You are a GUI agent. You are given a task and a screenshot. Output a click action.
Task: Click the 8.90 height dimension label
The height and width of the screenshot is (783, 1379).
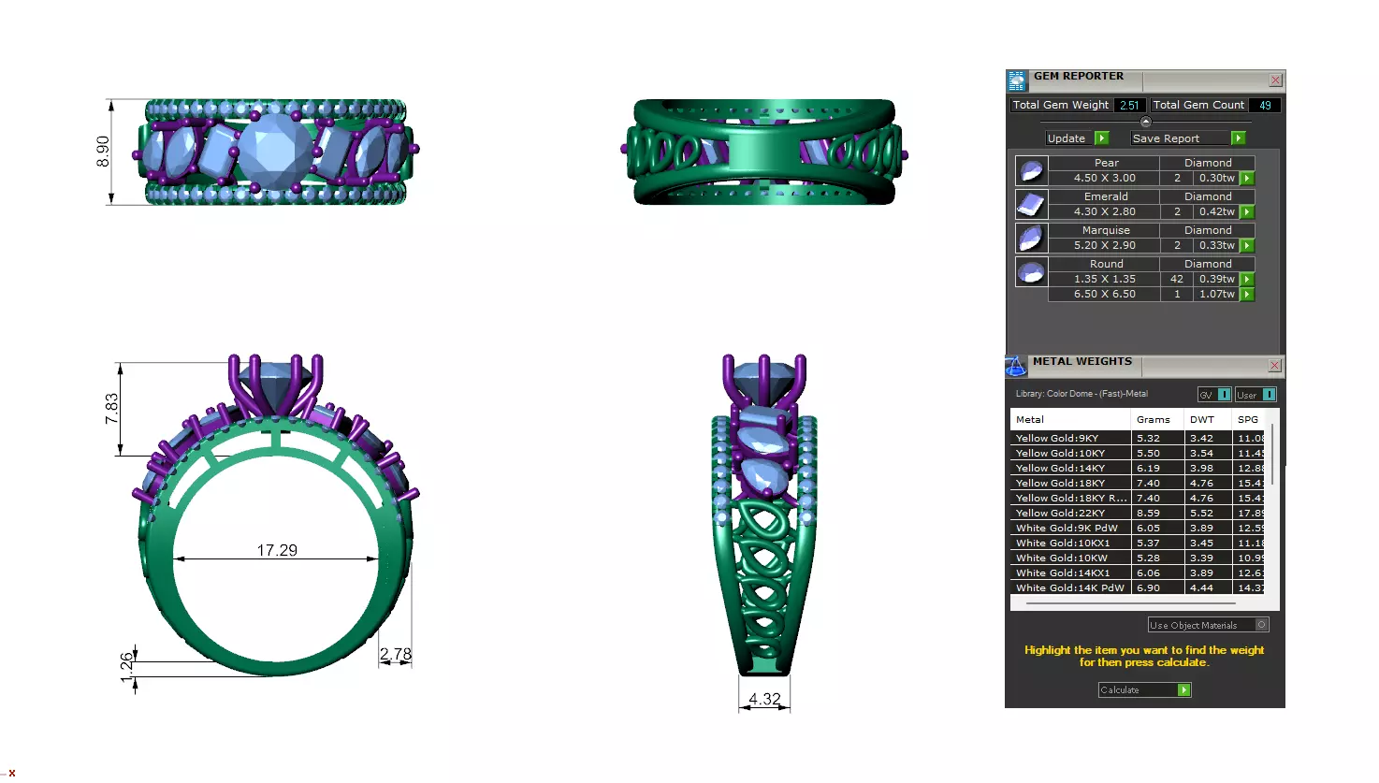click(103, 152)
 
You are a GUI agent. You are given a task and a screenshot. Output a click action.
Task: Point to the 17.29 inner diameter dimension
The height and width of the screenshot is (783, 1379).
click(277, 550)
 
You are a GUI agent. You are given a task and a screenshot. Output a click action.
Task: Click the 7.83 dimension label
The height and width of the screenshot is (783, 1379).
click(111, 409)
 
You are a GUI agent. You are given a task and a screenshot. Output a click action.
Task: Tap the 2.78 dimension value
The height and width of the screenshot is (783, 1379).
click(395, 654)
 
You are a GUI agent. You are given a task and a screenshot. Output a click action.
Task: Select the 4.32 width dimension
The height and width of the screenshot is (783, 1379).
click(764, 699)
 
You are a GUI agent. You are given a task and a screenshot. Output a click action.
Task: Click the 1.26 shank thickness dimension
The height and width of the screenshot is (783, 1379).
click(127, 667)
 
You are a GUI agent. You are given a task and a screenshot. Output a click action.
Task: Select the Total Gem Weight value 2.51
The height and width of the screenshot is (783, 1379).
click(1129, 106)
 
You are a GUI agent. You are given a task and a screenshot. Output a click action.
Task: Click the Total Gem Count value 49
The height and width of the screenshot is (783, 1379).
click(1265, 106)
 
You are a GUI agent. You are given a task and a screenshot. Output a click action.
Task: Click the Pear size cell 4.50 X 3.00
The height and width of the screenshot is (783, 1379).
click(1104, 178)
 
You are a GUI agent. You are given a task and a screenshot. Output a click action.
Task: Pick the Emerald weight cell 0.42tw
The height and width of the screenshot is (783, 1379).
click(1216, 211)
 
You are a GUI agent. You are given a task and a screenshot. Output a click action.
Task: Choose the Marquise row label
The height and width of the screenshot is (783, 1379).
click(1105, 230)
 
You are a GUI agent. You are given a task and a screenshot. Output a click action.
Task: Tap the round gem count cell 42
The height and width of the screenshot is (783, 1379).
click(1176, 279)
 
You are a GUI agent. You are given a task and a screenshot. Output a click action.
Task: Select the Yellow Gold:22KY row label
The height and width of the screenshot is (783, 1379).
click(1060, 513)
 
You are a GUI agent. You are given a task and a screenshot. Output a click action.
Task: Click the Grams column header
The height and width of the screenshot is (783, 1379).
click(1153, 419)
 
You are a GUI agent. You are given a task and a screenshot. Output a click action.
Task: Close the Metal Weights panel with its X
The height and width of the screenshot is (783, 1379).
click(1274, 365)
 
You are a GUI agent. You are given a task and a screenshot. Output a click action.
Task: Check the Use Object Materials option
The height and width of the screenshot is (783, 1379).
click(1261, 625)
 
